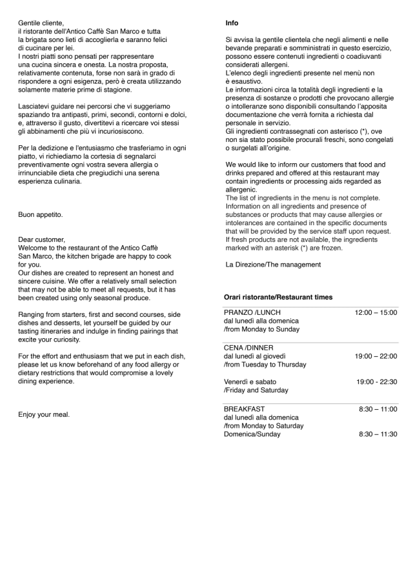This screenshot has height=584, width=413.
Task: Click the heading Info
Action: coord(232,23)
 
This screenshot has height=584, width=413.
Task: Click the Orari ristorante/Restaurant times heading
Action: coord(278,297)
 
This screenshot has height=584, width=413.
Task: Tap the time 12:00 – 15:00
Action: coord(376,312)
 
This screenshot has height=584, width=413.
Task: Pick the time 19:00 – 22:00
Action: coord(376,356)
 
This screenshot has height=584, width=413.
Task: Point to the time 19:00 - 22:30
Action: coord(376,382)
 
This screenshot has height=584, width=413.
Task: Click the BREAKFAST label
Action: coord(244,409)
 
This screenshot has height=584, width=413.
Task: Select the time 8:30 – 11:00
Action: coord(378,409)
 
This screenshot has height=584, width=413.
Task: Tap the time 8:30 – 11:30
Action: coord(378,435)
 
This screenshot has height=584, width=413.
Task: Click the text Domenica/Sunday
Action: coord(252,435)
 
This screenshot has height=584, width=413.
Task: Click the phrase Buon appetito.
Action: coord(41,214)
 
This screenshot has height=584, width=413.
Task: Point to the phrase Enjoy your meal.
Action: coord(44,415)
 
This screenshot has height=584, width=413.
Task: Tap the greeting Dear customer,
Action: coord(41,239)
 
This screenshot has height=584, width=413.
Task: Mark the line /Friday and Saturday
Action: coord(256,390)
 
